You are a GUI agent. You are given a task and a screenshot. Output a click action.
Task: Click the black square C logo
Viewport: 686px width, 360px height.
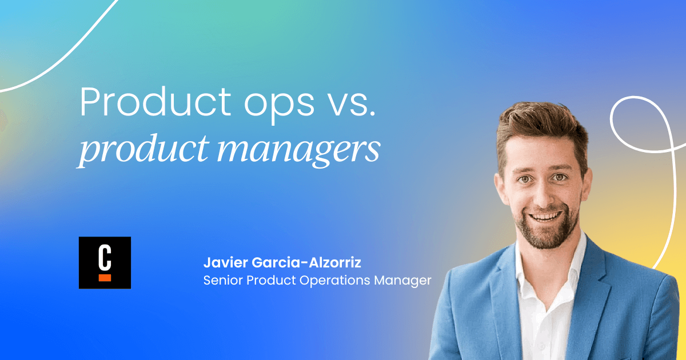[x=105, y=262]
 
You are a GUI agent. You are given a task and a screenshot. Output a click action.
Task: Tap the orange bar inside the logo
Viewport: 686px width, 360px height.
[x=105, y=278]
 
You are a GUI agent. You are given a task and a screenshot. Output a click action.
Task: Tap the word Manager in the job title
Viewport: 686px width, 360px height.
[x=405, y=281]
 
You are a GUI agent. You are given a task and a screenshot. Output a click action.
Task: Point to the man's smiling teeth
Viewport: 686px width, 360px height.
[x=547, y=217]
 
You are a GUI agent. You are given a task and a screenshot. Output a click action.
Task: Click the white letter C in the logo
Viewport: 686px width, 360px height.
[x=105, y=257]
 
